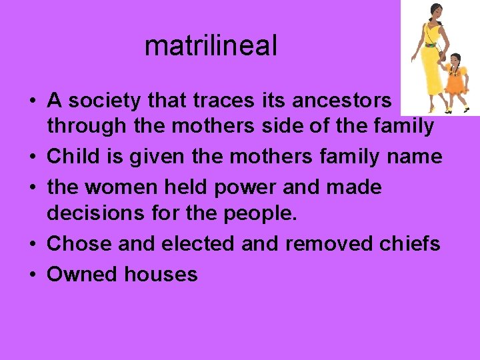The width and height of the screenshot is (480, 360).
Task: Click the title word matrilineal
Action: point(210,46)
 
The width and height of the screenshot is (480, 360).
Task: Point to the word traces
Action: point(223,101)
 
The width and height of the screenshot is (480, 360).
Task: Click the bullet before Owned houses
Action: point(32,275)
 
